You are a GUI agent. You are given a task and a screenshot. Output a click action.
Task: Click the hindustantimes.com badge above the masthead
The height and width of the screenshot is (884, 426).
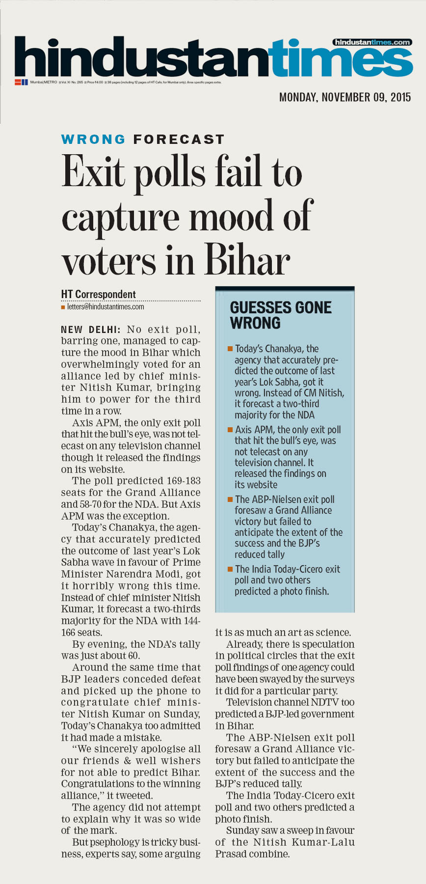click(x=372, y=42)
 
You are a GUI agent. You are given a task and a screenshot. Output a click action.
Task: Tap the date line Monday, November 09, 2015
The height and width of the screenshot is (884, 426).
click(x=345, y=97)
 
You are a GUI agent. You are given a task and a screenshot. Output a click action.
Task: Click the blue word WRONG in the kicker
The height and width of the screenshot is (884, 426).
click(x=93, y=139)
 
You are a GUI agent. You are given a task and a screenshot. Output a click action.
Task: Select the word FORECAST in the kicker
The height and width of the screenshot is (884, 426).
click(x=179, y=139)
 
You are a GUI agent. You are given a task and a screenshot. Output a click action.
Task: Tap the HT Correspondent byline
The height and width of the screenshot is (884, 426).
click(x=98, y=294)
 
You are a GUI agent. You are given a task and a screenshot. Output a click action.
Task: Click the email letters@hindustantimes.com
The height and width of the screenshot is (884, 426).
click(x=106, y=307)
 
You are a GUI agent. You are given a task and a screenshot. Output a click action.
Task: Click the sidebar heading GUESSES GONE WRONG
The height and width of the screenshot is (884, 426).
click(x=280, y=315)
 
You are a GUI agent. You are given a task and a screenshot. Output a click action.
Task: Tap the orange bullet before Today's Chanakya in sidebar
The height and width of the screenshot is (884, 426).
click(x=230, y=349)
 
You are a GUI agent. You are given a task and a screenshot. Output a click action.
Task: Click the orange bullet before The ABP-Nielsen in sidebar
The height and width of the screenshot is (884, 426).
click(x=230, y=499)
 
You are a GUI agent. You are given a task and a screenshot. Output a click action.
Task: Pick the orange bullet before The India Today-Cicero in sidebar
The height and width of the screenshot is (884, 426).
click(x=230, y=569)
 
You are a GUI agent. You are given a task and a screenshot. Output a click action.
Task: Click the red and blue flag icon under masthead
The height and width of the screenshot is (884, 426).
click(x=21, y=82)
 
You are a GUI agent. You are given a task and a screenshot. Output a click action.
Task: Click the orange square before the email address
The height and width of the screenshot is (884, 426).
click(x=63, y=307)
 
